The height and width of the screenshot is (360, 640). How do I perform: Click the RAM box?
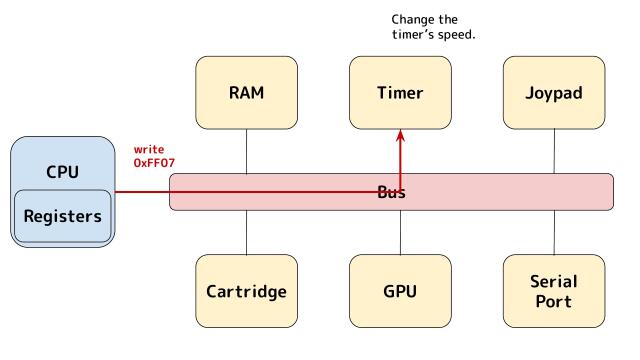click(246, 93)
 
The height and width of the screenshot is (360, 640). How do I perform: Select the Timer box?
click(400, 93)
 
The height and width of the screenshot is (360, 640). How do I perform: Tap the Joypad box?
click(554, 93)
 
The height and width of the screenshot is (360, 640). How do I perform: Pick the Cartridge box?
click(246, 292)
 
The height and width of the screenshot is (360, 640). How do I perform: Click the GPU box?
click(400, 292)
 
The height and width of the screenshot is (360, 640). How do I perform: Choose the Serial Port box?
click(554, 292)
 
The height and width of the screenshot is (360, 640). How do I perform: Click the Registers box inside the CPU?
click(63, 216)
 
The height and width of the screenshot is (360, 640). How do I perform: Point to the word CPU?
click(62, 171)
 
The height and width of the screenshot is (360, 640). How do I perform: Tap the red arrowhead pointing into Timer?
click(400, 136)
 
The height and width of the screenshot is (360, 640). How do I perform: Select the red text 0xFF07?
click(155, 163)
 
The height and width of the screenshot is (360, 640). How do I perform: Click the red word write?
click(149, 149)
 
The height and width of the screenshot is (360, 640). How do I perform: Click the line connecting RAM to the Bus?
click(246, 152)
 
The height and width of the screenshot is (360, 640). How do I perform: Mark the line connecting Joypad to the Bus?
click(554, 152)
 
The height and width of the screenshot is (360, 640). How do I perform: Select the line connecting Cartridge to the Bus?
click(246, 232)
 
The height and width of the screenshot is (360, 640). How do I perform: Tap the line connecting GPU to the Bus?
click(400, 232)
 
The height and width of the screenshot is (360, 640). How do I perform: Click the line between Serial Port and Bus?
click(554, 232)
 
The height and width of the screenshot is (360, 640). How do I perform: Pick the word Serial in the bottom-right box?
click(554, 282)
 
